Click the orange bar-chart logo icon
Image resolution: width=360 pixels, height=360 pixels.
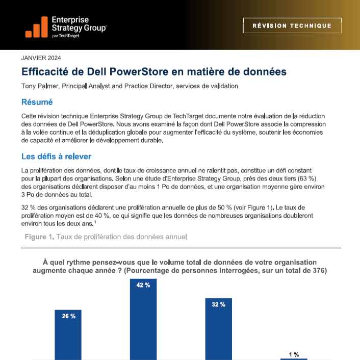tap(37, 27)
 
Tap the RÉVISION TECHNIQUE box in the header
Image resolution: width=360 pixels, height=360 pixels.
tap(292, 25)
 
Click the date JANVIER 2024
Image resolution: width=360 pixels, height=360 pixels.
tap(41, 58)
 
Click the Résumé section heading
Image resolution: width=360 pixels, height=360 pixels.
tap(37, 102)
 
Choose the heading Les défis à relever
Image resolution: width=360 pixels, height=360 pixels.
tap(56, 157)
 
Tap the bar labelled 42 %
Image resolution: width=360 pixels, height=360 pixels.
tap(143, 319)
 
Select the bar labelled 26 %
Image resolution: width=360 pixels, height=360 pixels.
tap(68, 335)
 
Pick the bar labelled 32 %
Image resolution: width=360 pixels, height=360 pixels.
tap(219, 329)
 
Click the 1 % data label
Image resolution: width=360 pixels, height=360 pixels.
tap(294, 354)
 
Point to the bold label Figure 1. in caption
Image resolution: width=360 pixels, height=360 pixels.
tap(39, 237)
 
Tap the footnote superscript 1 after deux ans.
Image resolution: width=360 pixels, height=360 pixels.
tap(95, 222)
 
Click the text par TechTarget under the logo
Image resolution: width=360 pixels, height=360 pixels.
tap(65, 36)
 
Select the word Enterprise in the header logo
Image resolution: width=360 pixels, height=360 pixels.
tap(70, 20)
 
